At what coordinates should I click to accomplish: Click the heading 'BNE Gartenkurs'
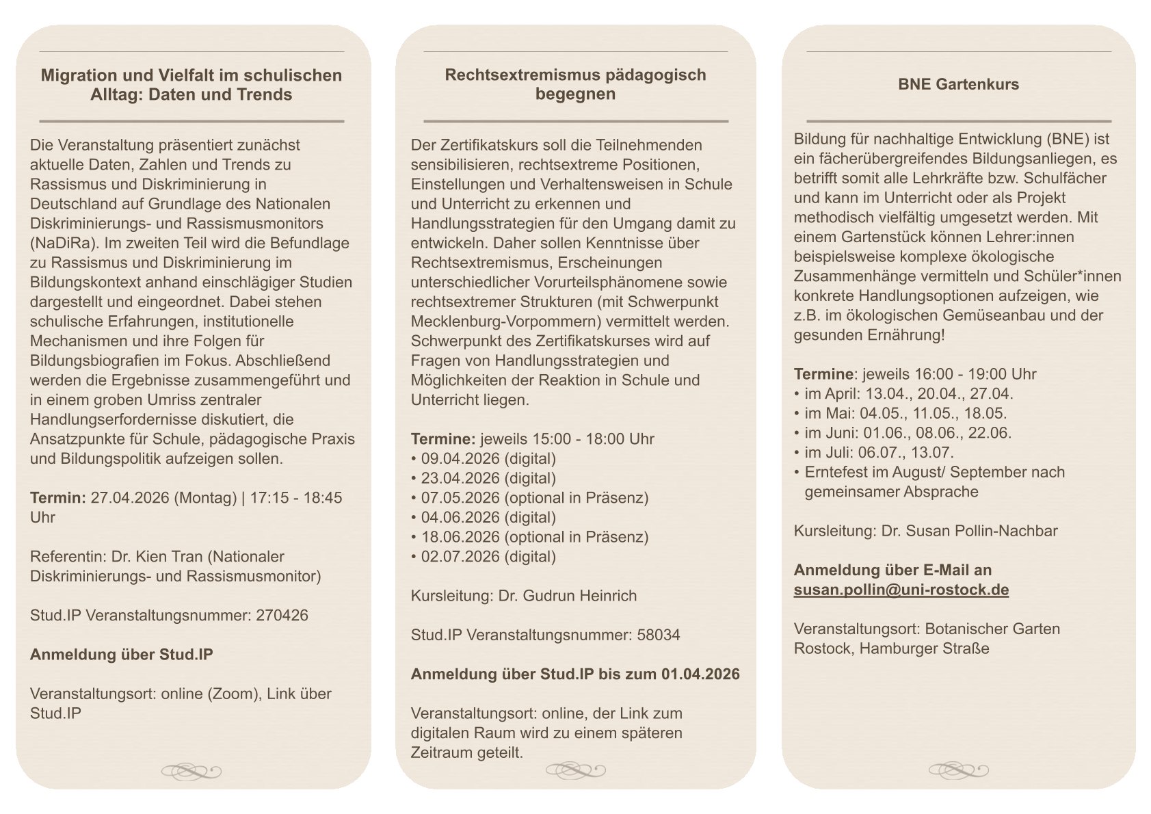click(958, 85)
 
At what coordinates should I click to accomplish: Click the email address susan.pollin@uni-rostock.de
click(901, 590)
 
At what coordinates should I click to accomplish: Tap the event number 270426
click(282, 616)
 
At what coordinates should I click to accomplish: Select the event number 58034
click(658, 635)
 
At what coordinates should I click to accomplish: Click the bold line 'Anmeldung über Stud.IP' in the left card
click(121, 655)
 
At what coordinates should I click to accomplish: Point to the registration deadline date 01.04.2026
click(700, 674)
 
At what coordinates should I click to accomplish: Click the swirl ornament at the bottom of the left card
click(191, 772)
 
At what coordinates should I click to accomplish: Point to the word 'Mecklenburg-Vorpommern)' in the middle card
click(490, 321)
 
